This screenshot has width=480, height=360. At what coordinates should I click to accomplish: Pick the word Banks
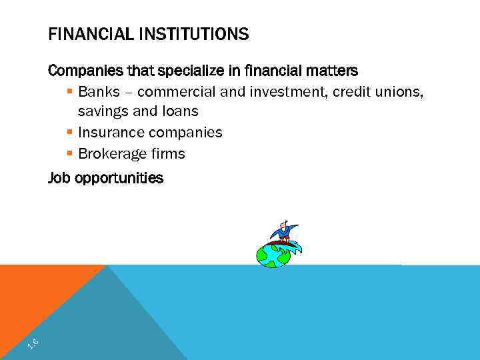click(99, 91)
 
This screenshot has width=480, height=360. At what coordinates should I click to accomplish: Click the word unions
click(399, 91)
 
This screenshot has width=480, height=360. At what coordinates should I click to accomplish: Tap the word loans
click(179, 111)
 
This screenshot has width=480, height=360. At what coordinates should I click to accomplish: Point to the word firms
click(168, 153)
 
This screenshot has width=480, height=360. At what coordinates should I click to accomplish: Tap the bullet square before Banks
click(70, 91)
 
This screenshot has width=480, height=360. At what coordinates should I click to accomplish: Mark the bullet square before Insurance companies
click(70, 132)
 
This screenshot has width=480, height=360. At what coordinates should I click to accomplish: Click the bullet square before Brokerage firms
click(70, 153)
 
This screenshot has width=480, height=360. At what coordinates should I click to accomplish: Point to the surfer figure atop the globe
click(283, 232)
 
